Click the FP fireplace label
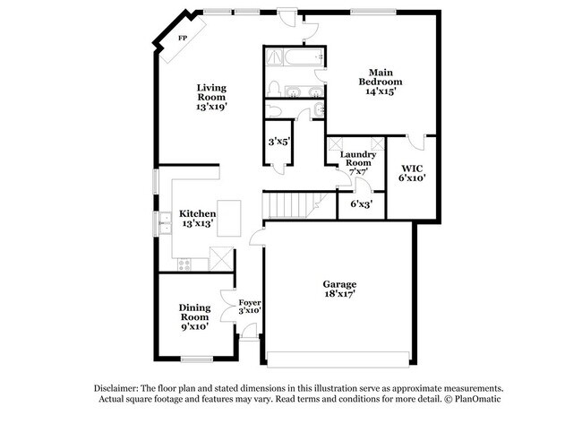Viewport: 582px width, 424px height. click(182, 39)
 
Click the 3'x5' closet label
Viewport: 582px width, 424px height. click(278, 142)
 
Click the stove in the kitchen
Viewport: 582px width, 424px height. click(184, 264)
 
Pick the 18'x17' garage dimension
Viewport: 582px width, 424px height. click(339, 295)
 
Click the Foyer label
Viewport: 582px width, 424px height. click(249, 303)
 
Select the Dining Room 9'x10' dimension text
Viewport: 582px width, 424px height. click(193, 326)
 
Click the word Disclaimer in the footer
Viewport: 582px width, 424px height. click(119, 386)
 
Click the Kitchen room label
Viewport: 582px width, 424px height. click(197, 213)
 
